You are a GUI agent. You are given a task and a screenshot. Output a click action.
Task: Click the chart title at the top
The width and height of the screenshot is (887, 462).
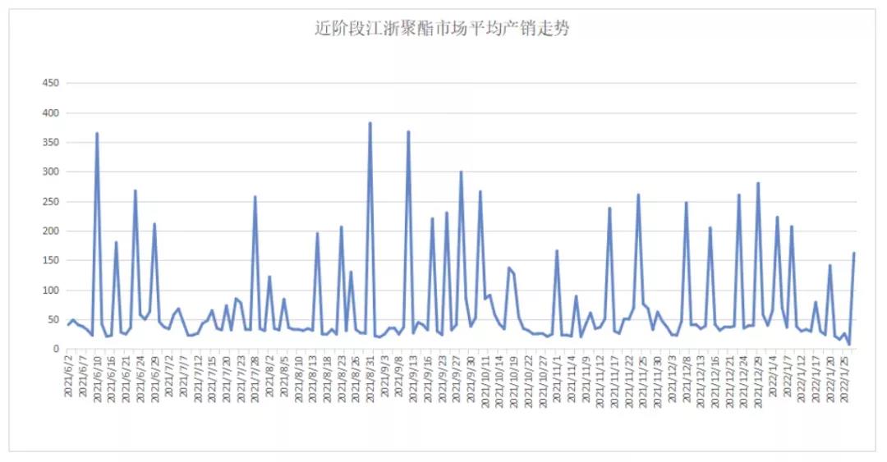(443, 29)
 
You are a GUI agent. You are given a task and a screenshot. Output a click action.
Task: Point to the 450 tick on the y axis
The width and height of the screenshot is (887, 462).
(50, 84)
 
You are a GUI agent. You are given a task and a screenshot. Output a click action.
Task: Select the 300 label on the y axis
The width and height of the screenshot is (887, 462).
(50, 172)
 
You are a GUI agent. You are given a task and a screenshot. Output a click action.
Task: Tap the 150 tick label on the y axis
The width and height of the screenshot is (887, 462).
(50, 261)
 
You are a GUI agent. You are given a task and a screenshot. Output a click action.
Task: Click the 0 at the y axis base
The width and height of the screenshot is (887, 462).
(57, 350)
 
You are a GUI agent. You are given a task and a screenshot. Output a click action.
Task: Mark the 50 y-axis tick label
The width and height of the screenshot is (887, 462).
(53, 320)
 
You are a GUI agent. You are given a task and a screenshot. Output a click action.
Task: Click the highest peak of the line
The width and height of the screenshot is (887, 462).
(370, 123)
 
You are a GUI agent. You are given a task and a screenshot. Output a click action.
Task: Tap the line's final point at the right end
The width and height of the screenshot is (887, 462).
(854, 253)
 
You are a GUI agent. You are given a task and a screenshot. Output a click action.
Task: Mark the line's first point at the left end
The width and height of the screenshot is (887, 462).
(68, 325)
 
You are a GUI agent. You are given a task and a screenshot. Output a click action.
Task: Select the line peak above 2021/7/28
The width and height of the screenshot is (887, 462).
(255, 197)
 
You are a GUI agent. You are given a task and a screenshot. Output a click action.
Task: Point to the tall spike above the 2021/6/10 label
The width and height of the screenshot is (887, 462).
(97, 133)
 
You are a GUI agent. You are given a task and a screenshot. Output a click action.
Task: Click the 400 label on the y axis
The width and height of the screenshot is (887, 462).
(50, 113)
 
